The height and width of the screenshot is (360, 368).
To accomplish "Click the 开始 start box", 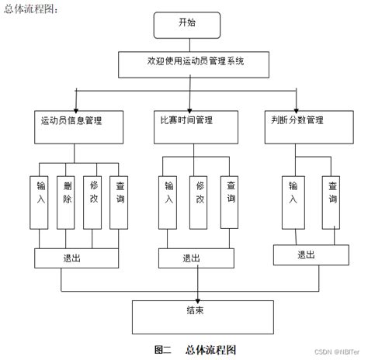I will pos(186,24).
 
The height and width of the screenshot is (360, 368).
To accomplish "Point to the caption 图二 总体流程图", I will pos(195,350).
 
